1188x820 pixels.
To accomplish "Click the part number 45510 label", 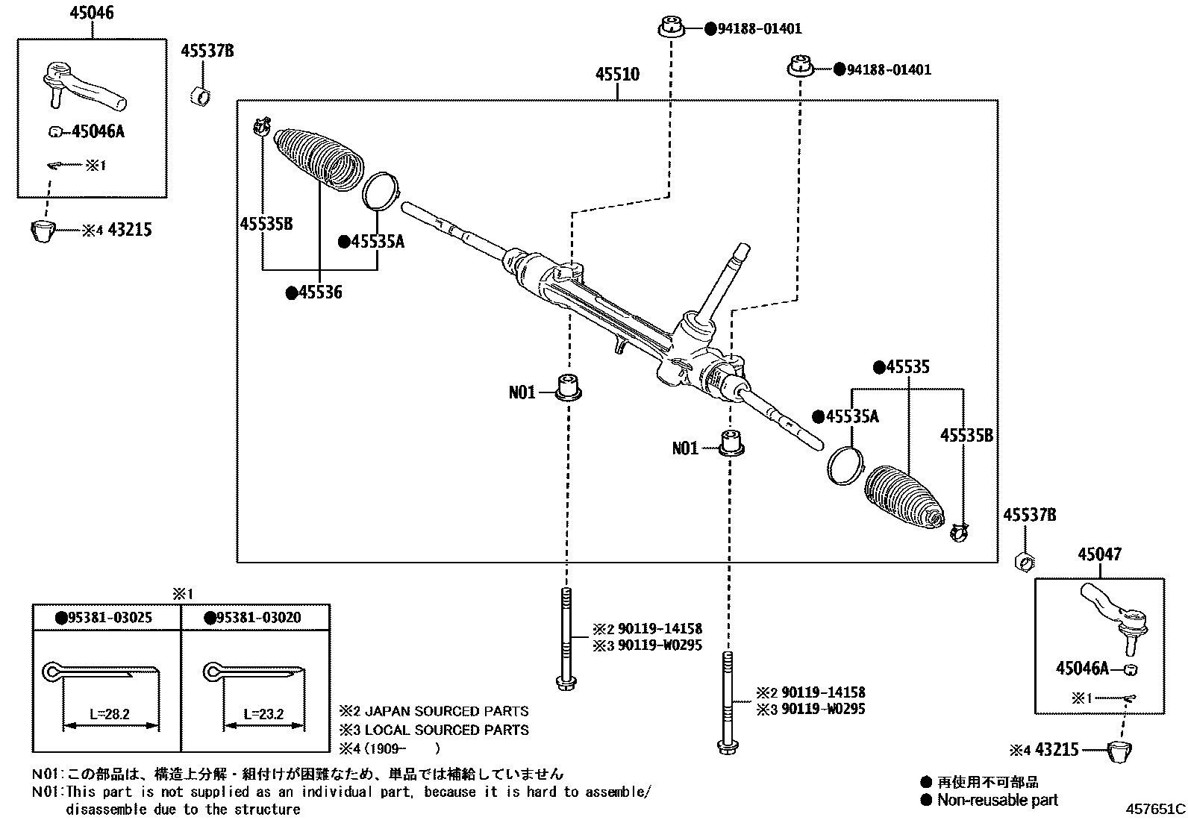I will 617,75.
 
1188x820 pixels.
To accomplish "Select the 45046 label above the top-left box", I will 92,13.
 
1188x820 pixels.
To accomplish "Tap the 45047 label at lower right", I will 1098,554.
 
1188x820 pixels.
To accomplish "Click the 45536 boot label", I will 319,292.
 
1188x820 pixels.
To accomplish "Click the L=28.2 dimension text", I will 110,713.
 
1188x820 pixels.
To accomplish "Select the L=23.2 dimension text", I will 263,713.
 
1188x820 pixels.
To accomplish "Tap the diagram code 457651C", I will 1155,809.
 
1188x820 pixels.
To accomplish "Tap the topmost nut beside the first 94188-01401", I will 672,28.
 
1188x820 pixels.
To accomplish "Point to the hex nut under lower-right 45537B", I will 1025,560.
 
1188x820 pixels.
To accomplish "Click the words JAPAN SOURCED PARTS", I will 446,711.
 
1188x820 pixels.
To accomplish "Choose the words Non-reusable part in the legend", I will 997,800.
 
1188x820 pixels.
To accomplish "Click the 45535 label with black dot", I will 907,367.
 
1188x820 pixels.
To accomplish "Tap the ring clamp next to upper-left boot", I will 381,190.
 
